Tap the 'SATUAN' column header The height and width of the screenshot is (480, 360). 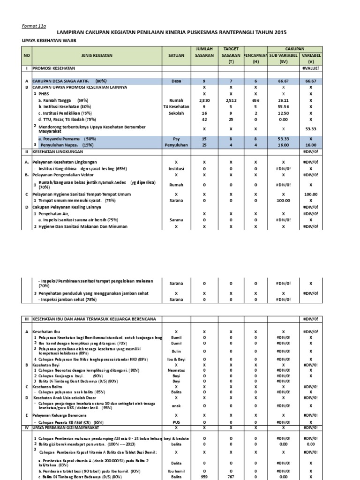[x=176, y=55]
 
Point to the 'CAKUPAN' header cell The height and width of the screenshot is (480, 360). [x=295, y=49]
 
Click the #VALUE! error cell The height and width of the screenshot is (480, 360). [x=311, y=68]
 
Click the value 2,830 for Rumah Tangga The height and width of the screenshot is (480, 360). [x=204, y=100]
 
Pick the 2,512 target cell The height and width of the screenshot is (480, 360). [x=231, y=100]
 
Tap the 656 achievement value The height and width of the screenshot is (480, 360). [x=255, y=100]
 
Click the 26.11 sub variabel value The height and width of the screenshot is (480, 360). [x=283, y=100]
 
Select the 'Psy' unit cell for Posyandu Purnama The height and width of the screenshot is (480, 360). [x=176, y=139]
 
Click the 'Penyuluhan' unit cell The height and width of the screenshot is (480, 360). [x=176, y=145]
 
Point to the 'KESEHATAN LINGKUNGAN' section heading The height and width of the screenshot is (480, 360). [x=58, y=152]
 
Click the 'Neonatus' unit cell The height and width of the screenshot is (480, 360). [x=176, y=370]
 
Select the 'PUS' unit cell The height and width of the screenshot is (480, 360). [x=176, y=422]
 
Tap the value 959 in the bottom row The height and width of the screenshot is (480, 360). [x=204, y=477]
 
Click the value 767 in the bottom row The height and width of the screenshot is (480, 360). [x=231, y=477]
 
